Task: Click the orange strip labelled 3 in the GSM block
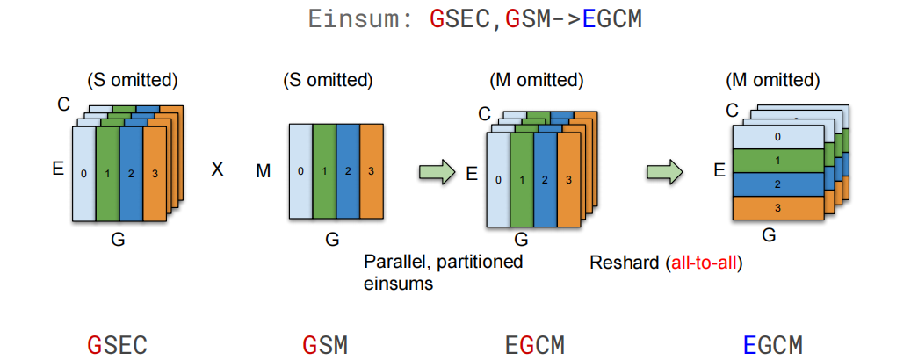(372, 171)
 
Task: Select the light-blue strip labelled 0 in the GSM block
(300, 171)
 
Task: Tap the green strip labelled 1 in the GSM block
(324, 171)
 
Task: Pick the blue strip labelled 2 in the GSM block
(348, 171)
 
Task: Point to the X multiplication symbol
(217, 169)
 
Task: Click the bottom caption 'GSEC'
(117, 344)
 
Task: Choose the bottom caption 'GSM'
(325, 344)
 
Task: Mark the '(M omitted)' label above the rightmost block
(772, 80)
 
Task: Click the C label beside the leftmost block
(63, 105)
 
